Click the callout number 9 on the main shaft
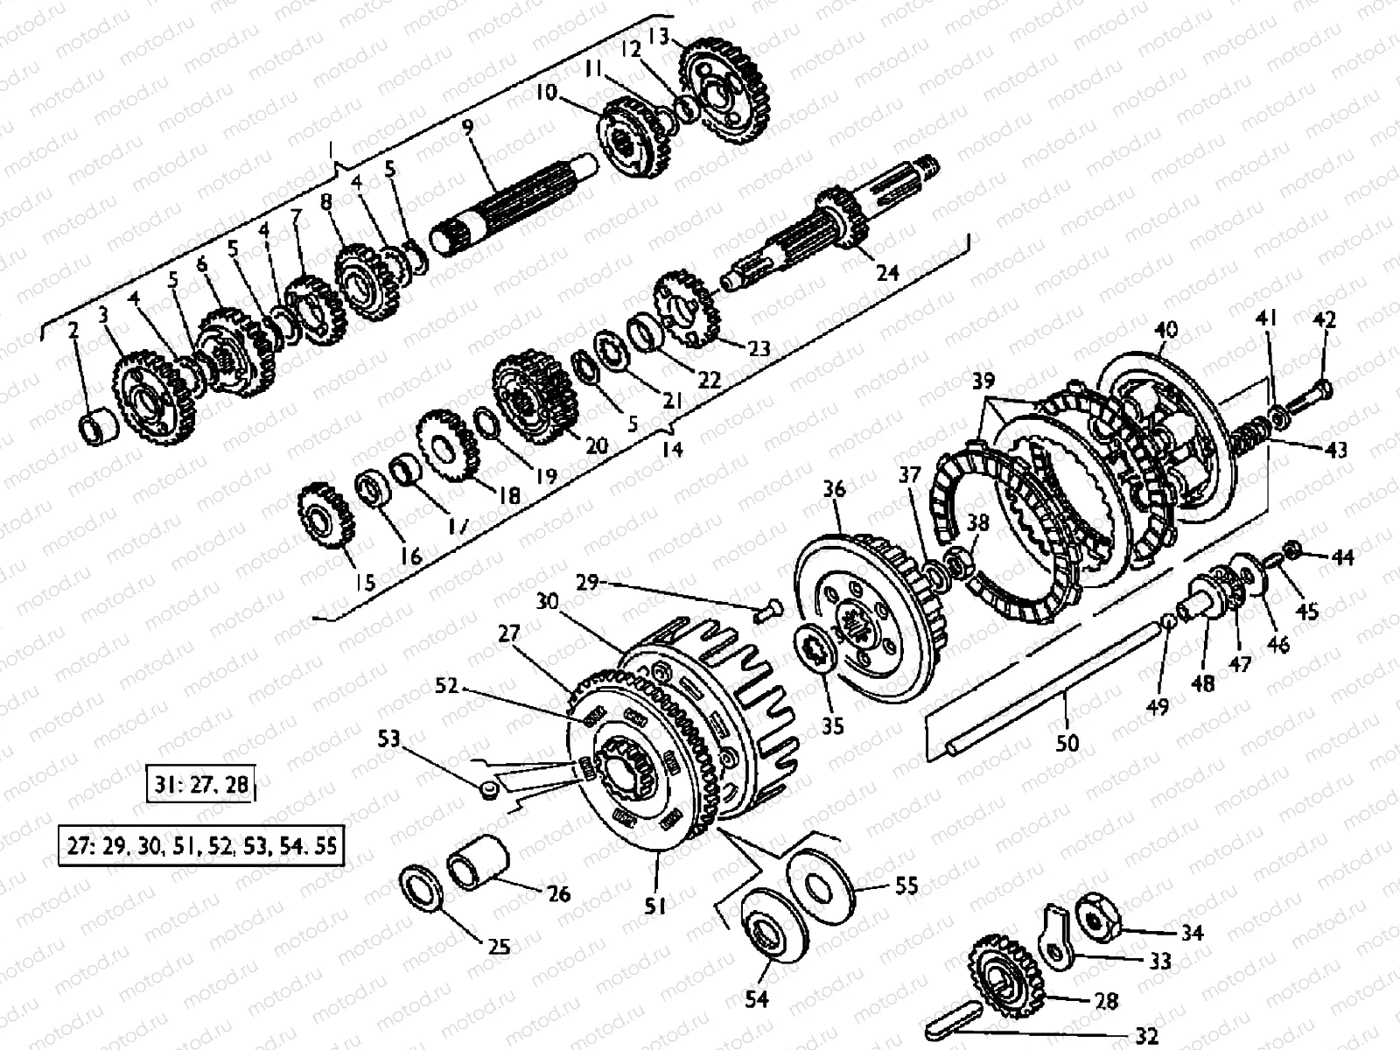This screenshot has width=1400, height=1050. click(468, 128)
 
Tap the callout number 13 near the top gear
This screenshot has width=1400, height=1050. click(658, 37)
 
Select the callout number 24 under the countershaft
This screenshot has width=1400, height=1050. click(887, 273)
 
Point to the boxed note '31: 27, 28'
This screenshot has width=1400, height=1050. click(200, 784)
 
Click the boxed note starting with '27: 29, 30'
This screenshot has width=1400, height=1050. click(200, 847)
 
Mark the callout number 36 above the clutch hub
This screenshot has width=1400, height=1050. click(834, 489)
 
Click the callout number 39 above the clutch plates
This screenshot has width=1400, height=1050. click(983, 382)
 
